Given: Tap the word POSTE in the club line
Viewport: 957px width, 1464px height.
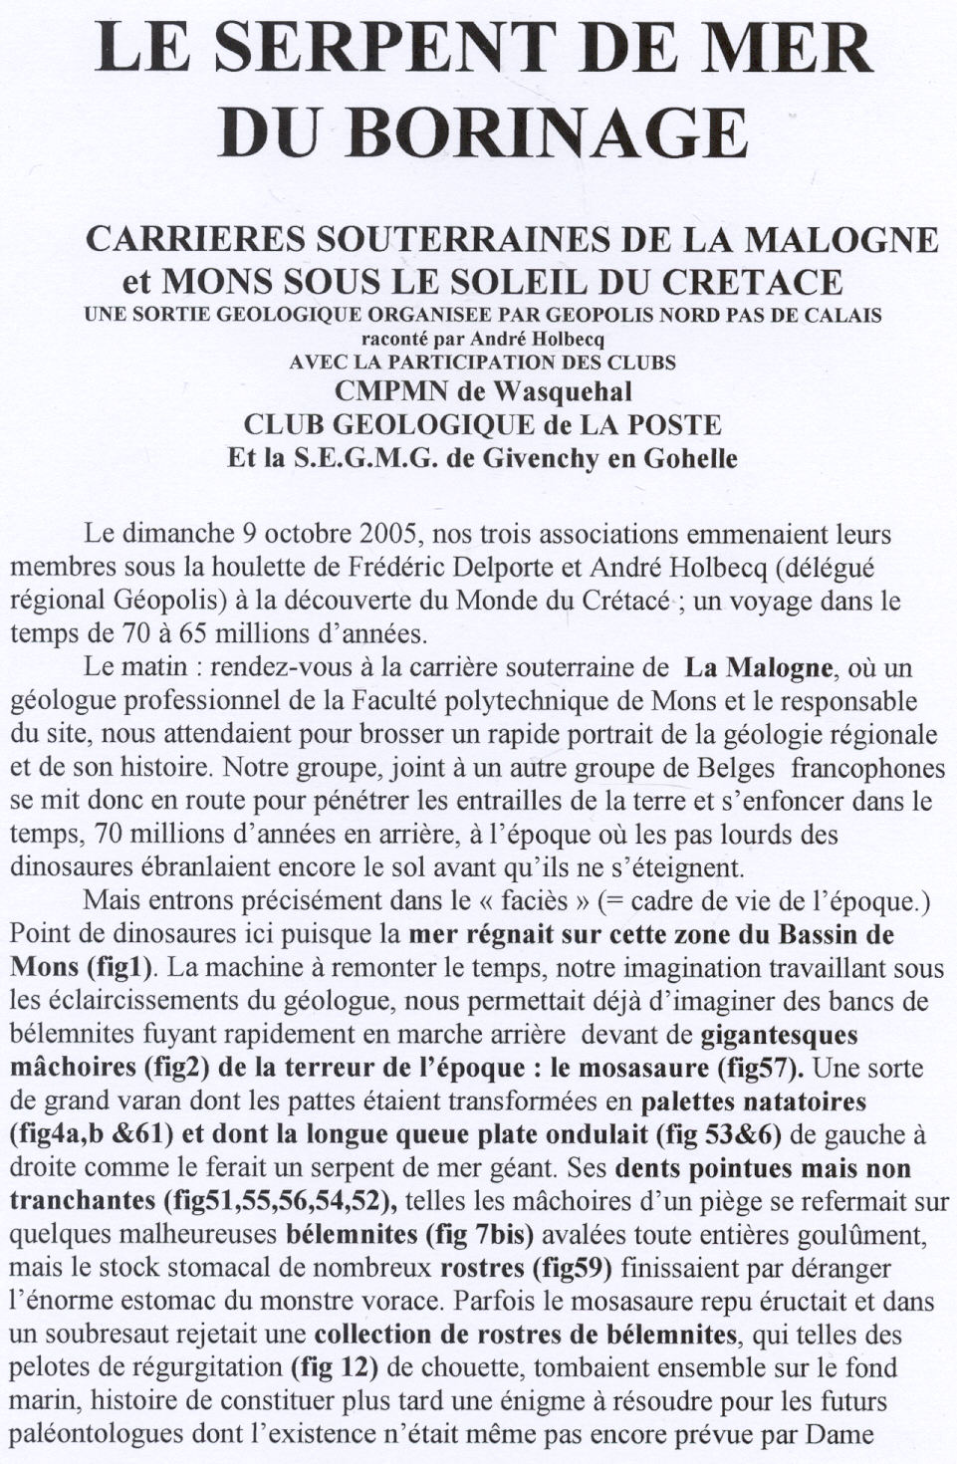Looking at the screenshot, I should click(672, 424).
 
